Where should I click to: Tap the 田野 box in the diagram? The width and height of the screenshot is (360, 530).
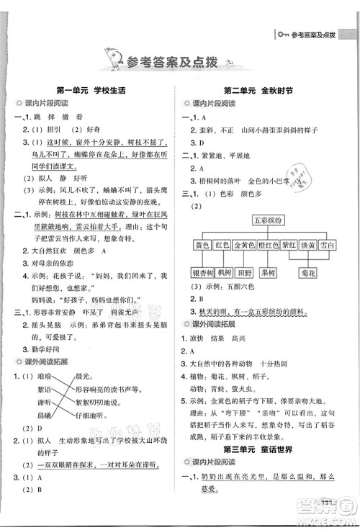[246, 273]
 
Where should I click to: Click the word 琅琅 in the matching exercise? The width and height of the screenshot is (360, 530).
[44, 376]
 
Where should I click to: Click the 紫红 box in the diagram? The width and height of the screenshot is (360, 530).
[290, 246]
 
